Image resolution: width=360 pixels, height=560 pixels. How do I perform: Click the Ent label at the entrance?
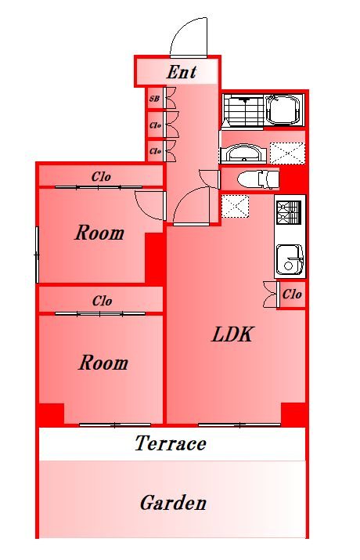[182, 72]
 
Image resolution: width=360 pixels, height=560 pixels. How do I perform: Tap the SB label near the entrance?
[154, 99]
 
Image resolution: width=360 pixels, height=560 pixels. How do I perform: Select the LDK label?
[232, 334]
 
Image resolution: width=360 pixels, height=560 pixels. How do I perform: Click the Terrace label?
[171, 443]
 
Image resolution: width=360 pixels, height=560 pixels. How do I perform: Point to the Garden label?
[173, 503]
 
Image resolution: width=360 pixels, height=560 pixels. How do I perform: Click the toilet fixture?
[258, 179]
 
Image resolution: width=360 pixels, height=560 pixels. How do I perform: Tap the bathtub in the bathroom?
[284, 110]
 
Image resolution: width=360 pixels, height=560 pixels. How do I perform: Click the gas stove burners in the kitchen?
[289, 212]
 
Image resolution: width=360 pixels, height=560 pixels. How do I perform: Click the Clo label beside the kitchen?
[292, 294]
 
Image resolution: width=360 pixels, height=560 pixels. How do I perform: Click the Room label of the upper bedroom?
[99, 233]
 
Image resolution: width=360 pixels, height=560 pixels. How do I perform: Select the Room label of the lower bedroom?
[103, 363]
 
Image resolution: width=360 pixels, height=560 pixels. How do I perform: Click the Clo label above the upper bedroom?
[101, 176]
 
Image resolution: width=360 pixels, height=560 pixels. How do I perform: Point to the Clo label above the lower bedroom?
[102, 301]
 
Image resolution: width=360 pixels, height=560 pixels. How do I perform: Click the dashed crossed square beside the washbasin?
[287, 154]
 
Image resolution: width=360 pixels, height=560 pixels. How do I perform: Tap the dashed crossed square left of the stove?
[235, 206]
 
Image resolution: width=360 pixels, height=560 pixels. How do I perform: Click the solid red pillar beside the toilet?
[293, 179]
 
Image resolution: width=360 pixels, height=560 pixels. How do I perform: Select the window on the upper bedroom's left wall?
[37, 255]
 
